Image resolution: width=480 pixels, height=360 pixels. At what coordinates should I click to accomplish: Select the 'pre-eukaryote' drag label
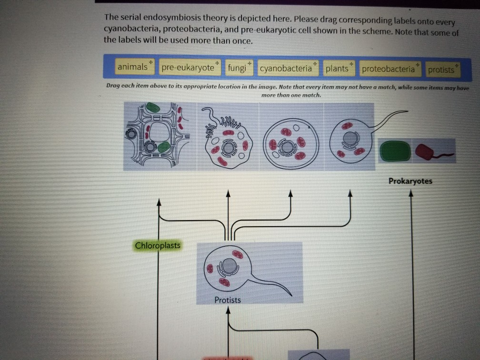click(188, 68)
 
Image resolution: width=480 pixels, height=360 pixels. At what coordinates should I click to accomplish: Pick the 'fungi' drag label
click(237, 68)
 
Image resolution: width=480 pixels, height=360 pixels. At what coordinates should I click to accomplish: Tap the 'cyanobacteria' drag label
click(286, 69)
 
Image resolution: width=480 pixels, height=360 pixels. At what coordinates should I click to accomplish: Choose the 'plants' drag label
click(337, 69)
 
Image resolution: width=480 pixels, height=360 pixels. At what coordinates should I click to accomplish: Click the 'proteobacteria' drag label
click(388, 69)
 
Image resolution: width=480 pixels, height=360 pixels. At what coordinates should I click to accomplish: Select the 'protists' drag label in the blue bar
click(441, 70)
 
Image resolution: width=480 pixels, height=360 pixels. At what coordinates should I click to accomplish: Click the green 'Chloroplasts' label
click(158, 246)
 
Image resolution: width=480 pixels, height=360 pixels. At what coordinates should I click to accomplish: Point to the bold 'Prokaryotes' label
click(410, 181)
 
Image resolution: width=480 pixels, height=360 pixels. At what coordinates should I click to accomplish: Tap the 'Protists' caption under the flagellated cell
click(228, 300)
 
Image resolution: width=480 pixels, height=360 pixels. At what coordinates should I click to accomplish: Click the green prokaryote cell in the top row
click(395, 151)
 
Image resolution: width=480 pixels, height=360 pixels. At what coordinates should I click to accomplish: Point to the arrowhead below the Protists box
click(229, 310)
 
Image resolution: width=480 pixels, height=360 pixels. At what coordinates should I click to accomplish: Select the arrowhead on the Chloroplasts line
click(159, 202)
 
